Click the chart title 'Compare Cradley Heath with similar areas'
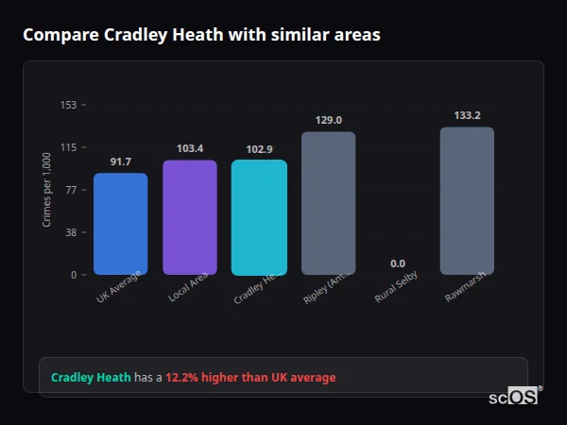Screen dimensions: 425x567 coord(201,35)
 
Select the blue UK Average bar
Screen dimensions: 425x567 coord(120,224)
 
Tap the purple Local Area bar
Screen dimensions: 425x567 coord(190,217)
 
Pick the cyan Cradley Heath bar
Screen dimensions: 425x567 coord(259,217)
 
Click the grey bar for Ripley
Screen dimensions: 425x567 coord(328,203)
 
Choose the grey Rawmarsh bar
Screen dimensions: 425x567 coord(467,201)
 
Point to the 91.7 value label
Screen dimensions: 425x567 coord(120,162)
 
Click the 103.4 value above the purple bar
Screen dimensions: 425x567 coord(190,149)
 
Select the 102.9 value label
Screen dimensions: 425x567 coord(259,149)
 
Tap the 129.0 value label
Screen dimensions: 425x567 coord(328,120)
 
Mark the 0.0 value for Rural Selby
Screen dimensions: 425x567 coord(398,263)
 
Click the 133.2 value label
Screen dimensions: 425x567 coord(467,115)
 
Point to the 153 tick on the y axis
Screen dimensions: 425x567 coord(68,105)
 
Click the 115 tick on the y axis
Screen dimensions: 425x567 coord(68,147)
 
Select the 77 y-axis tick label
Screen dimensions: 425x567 coord(71,190)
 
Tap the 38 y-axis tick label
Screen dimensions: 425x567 coord(71,232)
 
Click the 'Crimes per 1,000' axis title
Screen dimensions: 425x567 coord(46,190)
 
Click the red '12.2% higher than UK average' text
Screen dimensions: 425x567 coord(250,378)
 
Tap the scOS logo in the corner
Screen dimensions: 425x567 coord(515,397)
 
